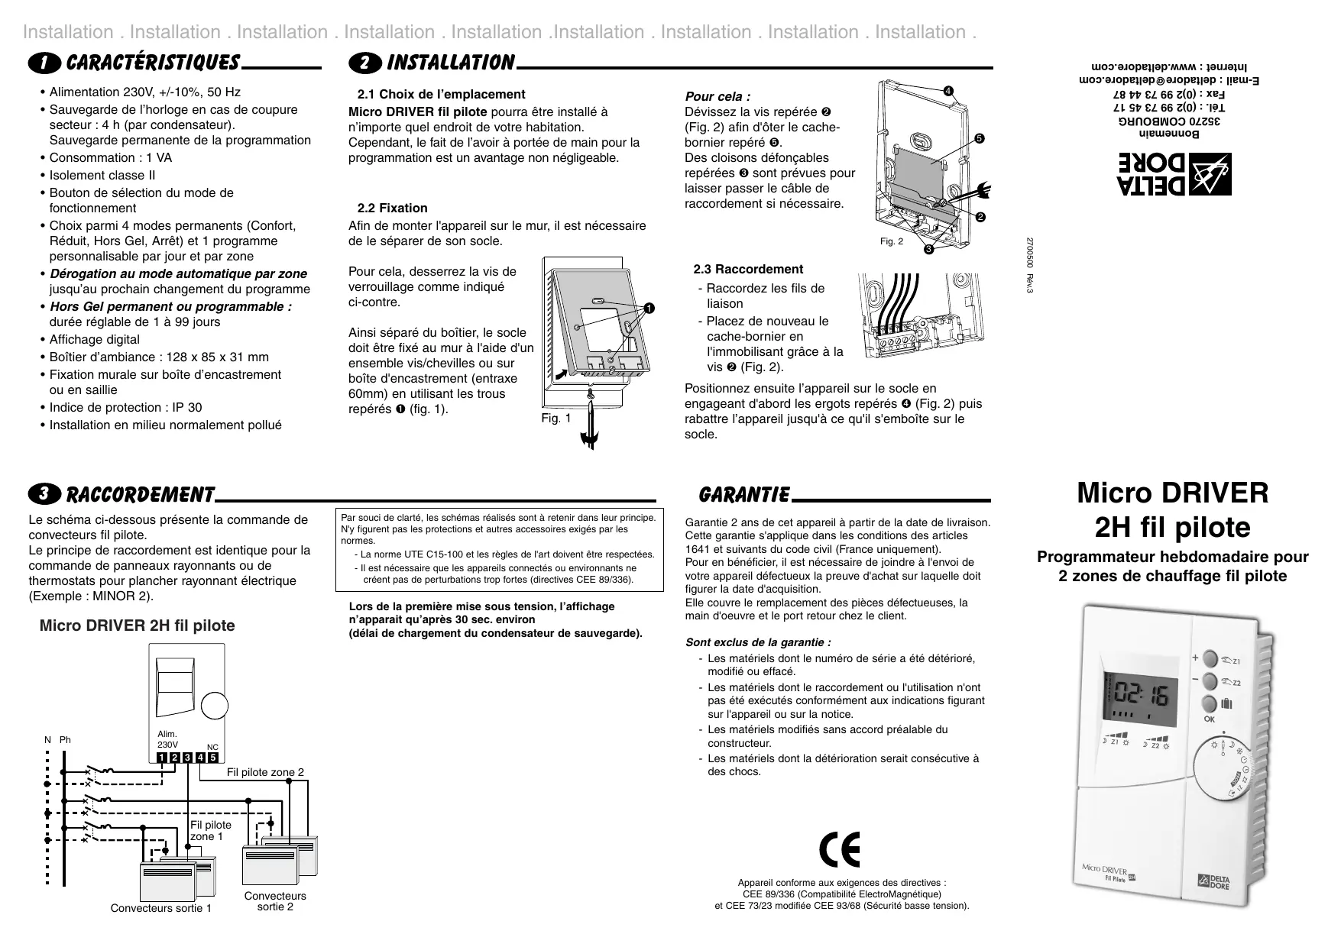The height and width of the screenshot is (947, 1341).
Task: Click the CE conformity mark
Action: [839, 849]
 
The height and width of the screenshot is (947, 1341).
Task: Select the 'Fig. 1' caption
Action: [556, 418]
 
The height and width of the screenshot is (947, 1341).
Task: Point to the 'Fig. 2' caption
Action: [891, 241]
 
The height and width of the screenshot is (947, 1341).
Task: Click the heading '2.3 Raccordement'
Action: [747, 269]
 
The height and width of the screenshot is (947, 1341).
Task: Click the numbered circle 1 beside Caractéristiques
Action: [47, 63]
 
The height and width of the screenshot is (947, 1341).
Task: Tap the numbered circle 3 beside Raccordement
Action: [47, 494]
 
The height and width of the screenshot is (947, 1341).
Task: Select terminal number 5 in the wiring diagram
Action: [212, 758]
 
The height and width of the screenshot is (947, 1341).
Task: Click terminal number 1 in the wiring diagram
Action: [162, 758]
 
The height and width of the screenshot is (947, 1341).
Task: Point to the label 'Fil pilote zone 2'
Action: [265, 772]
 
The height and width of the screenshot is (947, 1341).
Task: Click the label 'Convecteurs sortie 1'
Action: [160, 908]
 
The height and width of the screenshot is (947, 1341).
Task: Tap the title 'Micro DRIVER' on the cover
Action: [1172, 493]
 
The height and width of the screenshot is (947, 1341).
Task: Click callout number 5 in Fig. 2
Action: [977, 139]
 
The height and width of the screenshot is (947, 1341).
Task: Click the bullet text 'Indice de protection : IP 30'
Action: [125, 407]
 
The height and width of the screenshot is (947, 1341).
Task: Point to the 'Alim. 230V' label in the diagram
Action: [167, 739]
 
